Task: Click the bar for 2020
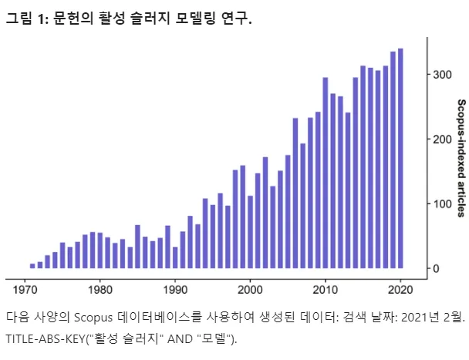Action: (400, 158)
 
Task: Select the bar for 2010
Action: (326, 173)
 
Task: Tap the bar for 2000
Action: (250, 231)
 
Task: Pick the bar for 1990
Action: (175, 257)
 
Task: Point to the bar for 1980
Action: (100, 251)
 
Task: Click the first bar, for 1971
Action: (32, 266)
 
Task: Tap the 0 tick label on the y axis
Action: (436, 269)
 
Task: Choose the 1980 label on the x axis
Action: (100, 291)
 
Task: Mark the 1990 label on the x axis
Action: (175, 291)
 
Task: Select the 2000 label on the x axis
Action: (250, 291)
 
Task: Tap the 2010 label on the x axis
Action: (326, 291)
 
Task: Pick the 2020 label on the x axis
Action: (400, 291)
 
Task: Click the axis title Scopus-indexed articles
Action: (461, 158)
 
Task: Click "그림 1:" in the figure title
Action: (26, 19)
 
